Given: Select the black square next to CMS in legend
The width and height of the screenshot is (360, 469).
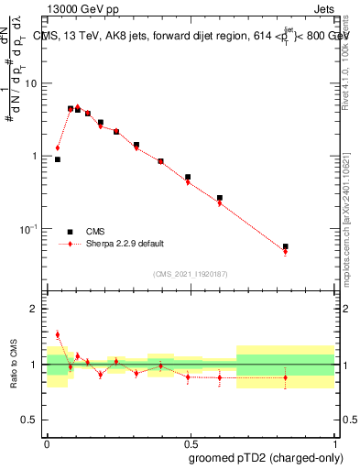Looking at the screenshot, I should pyautogui.click(x=70, y=232).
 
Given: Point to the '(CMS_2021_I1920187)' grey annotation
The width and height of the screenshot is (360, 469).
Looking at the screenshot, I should pyautogui.click(x=190, y=274).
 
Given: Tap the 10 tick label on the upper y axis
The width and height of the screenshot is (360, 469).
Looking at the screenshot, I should pyautogui.click(x=32, y=83).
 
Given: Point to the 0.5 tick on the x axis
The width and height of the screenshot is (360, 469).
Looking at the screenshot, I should pyautogui.click(x=191, y=442).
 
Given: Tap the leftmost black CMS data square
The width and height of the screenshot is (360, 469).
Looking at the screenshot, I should pyautogui.click(x=58, y=159).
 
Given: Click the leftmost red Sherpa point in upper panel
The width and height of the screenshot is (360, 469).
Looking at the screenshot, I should pyautogui.click(x=58, y=147).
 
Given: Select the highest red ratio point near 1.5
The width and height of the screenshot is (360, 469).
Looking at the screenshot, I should pyautogui.click(x=58, y=334).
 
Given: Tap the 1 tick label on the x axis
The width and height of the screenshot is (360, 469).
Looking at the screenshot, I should pyautogui.click(x=334, y=442).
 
